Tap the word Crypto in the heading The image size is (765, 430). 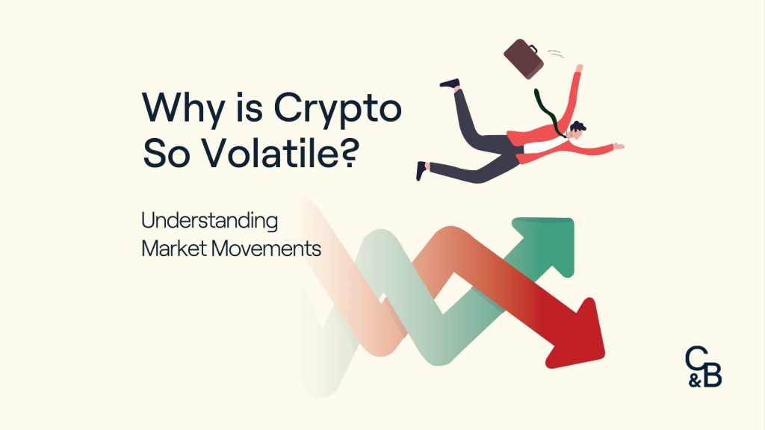point(337,110)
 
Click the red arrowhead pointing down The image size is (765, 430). point(581,328)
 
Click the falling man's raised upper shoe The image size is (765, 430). point(449,83)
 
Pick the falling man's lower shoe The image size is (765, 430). point(422,171)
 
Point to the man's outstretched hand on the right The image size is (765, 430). point(618,146)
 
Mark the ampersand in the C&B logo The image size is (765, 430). point(695,378)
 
